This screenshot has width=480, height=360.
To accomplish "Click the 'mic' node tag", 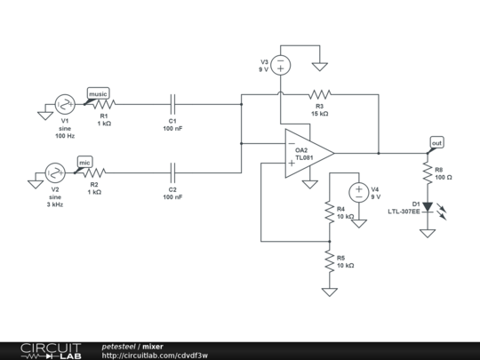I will point(84,162).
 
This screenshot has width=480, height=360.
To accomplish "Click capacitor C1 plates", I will point(173,104).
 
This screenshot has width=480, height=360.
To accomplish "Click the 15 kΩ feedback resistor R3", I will point(319,93).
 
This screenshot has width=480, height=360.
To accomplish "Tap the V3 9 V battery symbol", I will point(281,65).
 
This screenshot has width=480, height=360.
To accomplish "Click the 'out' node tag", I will point(436,143).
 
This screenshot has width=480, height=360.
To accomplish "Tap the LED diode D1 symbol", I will point(428,207).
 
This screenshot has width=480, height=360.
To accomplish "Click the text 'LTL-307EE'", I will point(404,212).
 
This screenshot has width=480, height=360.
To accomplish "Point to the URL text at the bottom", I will point(155,355).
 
